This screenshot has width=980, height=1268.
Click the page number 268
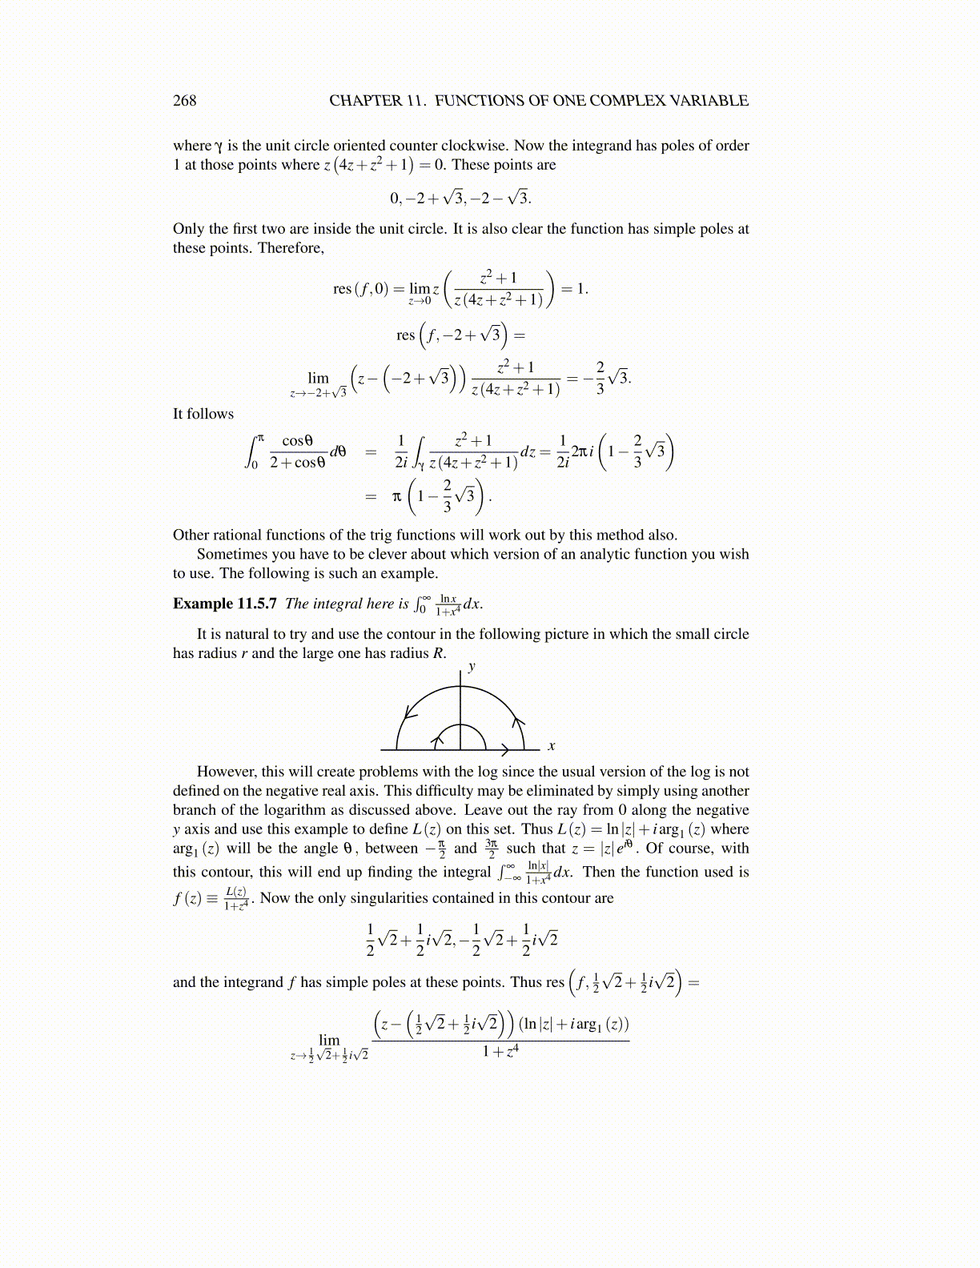[x=184, y=101]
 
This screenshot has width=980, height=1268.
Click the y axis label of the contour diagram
[x=472, y=666]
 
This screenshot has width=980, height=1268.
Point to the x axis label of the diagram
[x=552, y=746]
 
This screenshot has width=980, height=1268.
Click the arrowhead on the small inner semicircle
[x=437, y=740]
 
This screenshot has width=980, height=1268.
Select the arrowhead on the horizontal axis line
[x=505, y=750]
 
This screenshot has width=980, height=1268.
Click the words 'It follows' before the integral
[x=203, y=414]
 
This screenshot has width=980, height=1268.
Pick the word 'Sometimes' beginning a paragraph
[x=231, y=554]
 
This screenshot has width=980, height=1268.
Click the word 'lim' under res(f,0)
[x=419, y=289]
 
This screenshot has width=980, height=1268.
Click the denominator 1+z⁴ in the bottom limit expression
[x=500, y=1051]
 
